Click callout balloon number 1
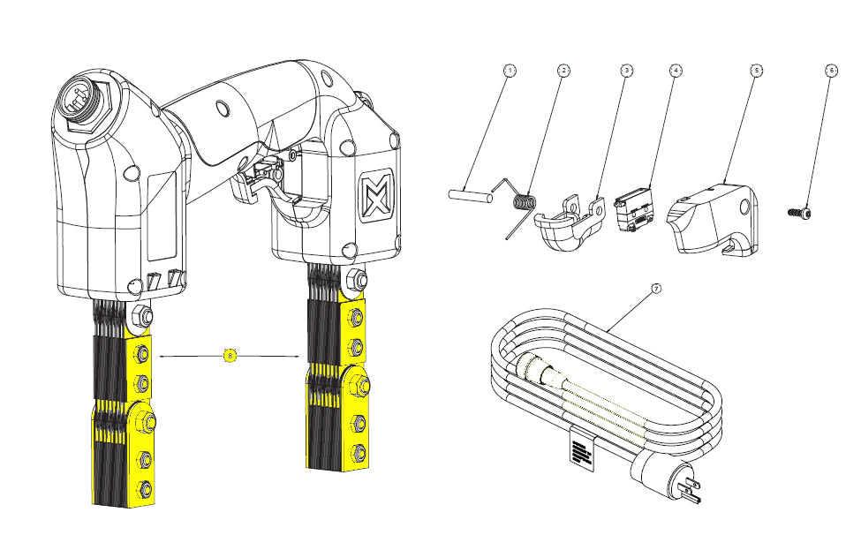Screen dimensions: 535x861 (509, 70)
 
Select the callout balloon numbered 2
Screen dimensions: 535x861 (563, 70)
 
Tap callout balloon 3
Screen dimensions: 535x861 (625, 70)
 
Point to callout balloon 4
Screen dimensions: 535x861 (675, 70)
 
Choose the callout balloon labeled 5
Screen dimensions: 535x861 (756, 70)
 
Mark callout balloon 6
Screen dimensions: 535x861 (830, 70)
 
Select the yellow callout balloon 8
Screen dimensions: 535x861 (230, 356)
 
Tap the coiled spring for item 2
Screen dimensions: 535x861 (525, 202)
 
